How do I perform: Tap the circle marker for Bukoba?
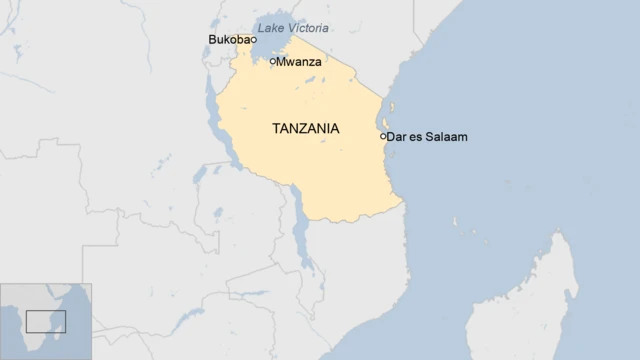tap(240, 41)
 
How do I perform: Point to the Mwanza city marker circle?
tap(273, 62)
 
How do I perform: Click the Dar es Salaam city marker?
tap(383, 136)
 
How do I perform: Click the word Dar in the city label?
tap(397, 136)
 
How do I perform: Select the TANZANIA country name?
tap(305, 129)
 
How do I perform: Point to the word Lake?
tap(270, 28)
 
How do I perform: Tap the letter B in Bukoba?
tap(212, 40)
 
